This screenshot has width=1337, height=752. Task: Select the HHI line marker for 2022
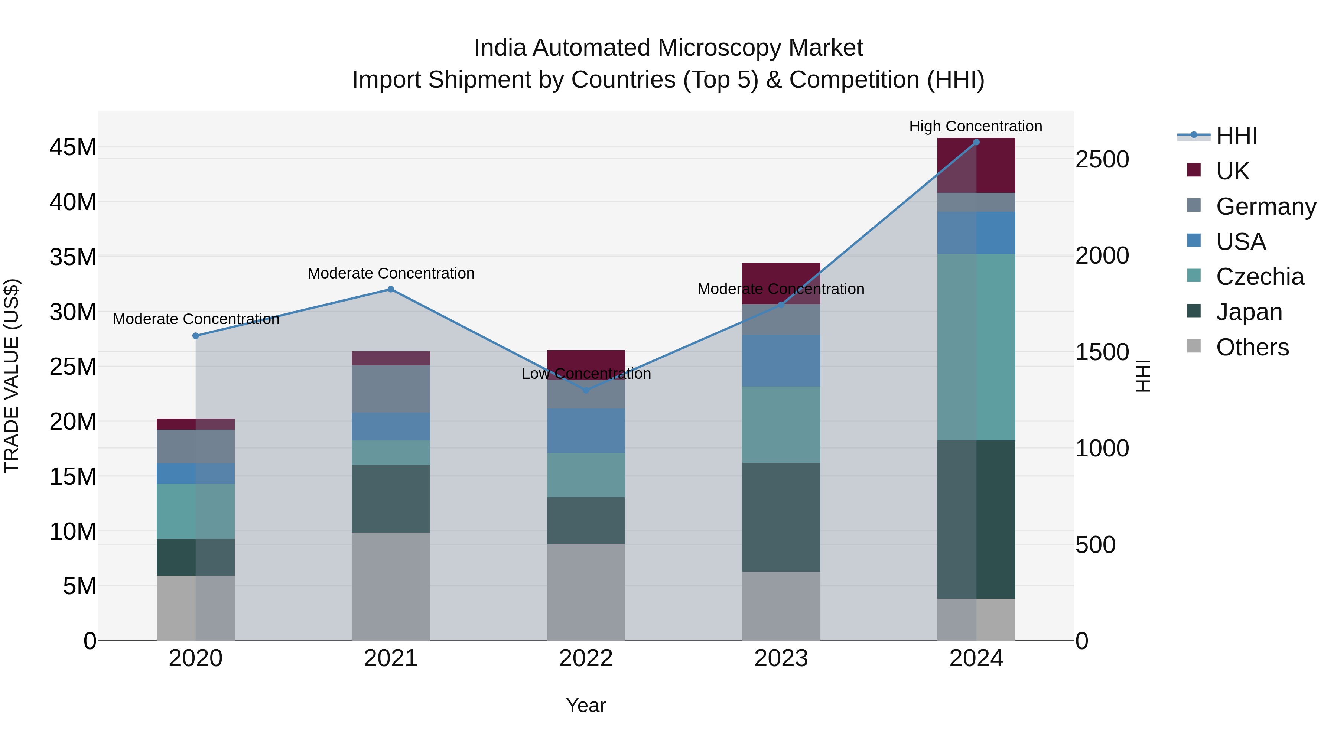tap(586, 390)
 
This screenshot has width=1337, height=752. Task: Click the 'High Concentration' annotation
tap(975, 126)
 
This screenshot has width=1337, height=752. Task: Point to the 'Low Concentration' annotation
tap(586, 374)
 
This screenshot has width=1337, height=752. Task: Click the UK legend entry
tap(1232, 171)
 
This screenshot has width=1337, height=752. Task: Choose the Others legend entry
tap(1252, 347)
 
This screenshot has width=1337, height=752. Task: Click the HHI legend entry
tap(1236, 136)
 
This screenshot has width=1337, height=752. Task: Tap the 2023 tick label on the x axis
tap(781, 658)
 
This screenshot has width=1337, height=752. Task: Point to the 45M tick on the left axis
tap(73, 147)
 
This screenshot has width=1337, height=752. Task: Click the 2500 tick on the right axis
tap(1102, 159)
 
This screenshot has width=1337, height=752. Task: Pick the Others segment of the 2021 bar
tap(391, 586)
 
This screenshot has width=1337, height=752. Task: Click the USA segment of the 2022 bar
tap(586, 430)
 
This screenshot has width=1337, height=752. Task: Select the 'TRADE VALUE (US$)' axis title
tap(12, 376)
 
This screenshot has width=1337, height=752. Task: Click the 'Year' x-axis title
tap(585, 705)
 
